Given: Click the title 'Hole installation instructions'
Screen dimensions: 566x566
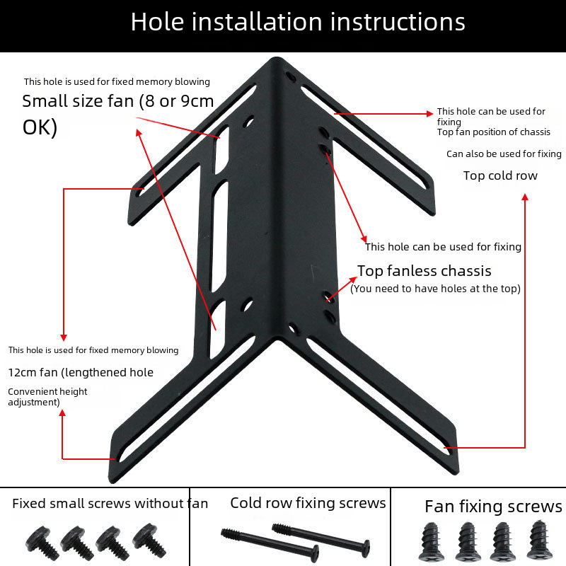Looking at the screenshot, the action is (298, 22).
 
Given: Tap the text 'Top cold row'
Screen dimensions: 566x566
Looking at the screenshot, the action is (500, 175).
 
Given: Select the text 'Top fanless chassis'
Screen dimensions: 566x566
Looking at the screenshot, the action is (424, 271).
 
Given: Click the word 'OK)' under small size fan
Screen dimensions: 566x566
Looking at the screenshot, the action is (40, 127).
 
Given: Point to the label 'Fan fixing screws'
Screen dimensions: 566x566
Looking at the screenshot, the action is (493, 506).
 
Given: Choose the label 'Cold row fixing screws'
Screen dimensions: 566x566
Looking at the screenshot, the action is (308, 503).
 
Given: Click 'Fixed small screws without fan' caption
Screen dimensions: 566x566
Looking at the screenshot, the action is (110, 503).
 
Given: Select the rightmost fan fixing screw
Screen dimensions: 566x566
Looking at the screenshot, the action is (539, 539).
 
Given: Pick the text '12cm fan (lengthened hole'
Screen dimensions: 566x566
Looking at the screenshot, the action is (81, 372).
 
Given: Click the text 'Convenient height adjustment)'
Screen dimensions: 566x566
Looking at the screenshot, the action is (47, 397).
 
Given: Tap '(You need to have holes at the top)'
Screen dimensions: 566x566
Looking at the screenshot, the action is (435, 289).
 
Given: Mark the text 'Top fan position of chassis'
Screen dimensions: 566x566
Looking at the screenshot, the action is (493, 132).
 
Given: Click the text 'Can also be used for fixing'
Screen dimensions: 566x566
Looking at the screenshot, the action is (504, 154).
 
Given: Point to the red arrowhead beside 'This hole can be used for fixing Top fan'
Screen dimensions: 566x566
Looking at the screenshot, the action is (429, 114).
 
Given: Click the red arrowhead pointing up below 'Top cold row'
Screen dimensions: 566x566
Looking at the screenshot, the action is (525, 197).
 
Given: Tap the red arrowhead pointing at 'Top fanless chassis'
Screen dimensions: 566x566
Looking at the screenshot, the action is (353, 279).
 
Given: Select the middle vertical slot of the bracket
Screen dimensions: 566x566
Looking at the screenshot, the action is (219, 236).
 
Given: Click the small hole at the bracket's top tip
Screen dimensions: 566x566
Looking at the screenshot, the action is (291, 77).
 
